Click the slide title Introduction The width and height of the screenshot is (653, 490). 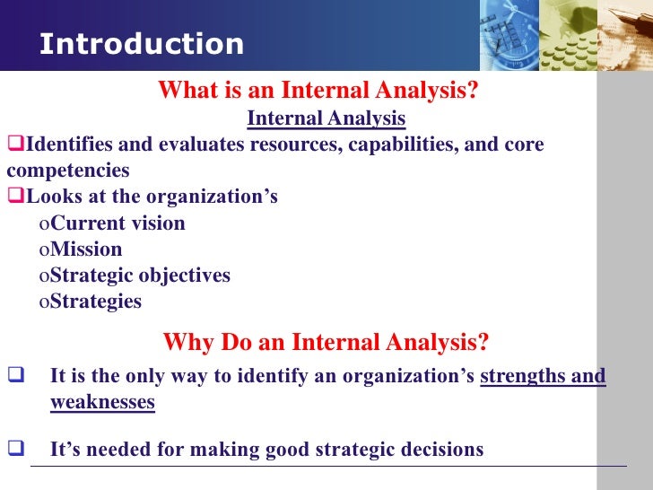coord(142,44)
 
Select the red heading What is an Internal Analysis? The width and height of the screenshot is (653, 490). coord(318,92)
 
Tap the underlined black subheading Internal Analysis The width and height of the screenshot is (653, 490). coord(326,118)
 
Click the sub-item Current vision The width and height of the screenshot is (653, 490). coord(118,223)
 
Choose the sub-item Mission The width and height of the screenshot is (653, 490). coord(86,249)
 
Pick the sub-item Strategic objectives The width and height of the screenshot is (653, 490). coord(140,276)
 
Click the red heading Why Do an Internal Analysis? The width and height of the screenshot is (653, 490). coord(326,343)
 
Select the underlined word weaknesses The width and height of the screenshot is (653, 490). coord(102,402)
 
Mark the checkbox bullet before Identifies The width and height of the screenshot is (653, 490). coord(13,145)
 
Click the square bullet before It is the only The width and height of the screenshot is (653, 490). coord(14,376)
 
